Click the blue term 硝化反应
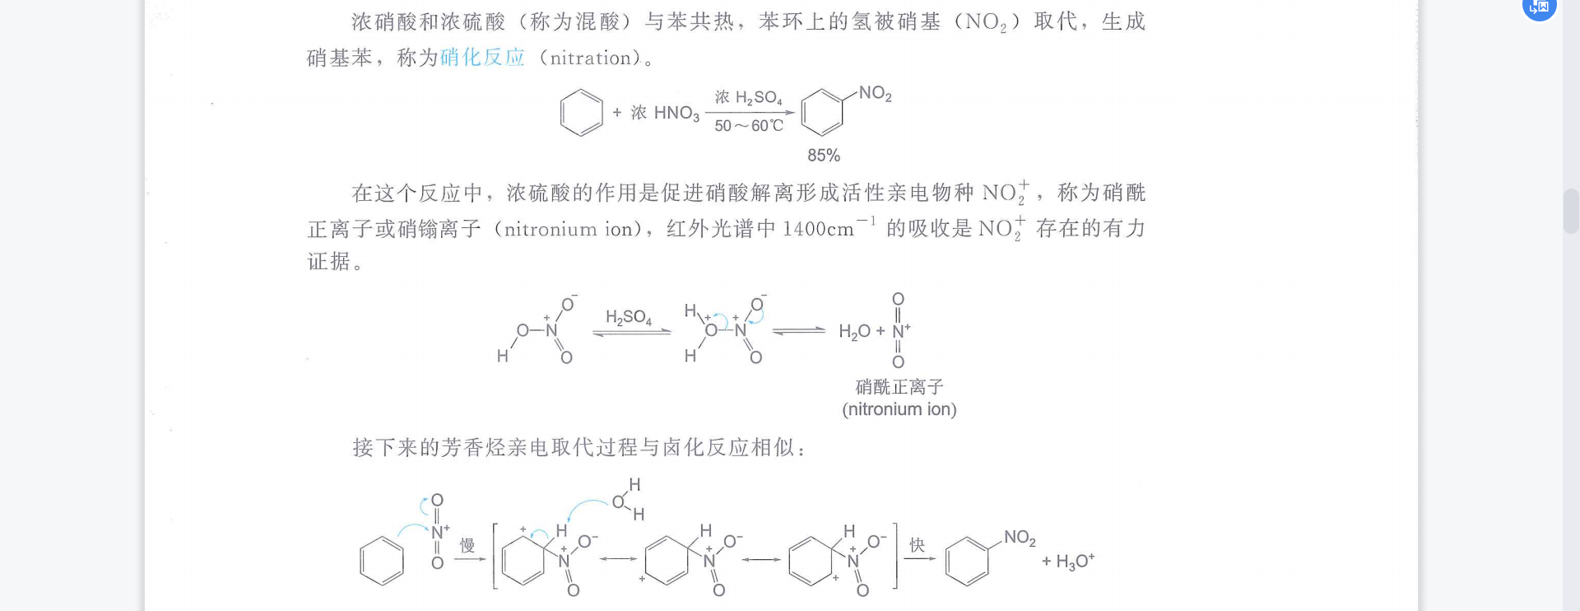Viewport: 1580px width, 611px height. [482, 58]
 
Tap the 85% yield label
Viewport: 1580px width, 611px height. [823, 155]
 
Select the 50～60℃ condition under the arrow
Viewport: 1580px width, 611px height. [748, 126]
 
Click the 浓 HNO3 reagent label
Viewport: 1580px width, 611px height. [665, 113]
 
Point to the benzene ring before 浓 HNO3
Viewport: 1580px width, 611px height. [581, 113]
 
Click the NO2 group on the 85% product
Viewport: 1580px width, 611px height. [875, 94]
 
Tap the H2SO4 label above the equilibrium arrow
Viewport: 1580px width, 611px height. [629, 317]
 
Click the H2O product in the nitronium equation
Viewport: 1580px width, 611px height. [853, 331]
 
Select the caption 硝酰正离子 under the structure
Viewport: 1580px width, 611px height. [899, 386]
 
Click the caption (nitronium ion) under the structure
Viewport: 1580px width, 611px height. [899, 409]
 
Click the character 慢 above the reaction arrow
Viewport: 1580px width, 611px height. [467, 545]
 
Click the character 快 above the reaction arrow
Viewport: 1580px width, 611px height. [917, 545]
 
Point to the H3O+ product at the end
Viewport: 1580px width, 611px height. [1074, 562]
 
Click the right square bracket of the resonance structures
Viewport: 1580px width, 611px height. [895, 556]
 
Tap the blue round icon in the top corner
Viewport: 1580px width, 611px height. [1539, 7]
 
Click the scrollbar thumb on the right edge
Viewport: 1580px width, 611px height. [1571, 211]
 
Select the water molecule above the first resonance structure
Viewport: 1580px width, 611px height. [627, 499]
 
